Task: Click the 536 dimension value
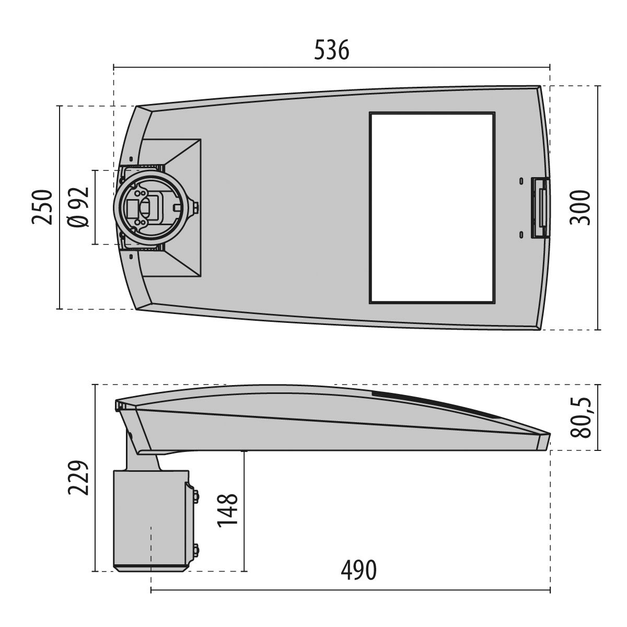coord(332,51)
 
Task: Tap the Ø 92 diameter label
coord(78,207)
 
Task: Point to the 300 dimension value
coord(580,207)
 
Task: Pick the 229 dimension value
coord(77,477)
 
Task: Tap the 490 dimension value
coord(358,570)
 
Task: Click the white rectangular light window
coord(432,207)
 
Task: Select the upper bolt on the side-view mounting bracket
coord(196,495)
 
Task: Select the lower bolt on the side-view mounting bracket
coord(196,549)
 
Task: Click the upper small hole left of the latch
coord(521,181)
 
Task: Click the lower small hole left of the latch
coord(521,235)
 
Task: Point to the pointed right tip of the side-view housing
coord(549,435)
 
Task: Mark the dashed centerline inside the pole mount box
coord(151,549)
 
